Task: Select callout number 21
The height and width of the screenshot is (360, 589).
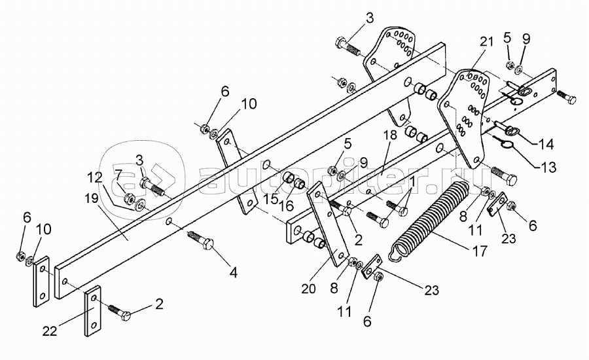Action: tap(484, 43)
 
